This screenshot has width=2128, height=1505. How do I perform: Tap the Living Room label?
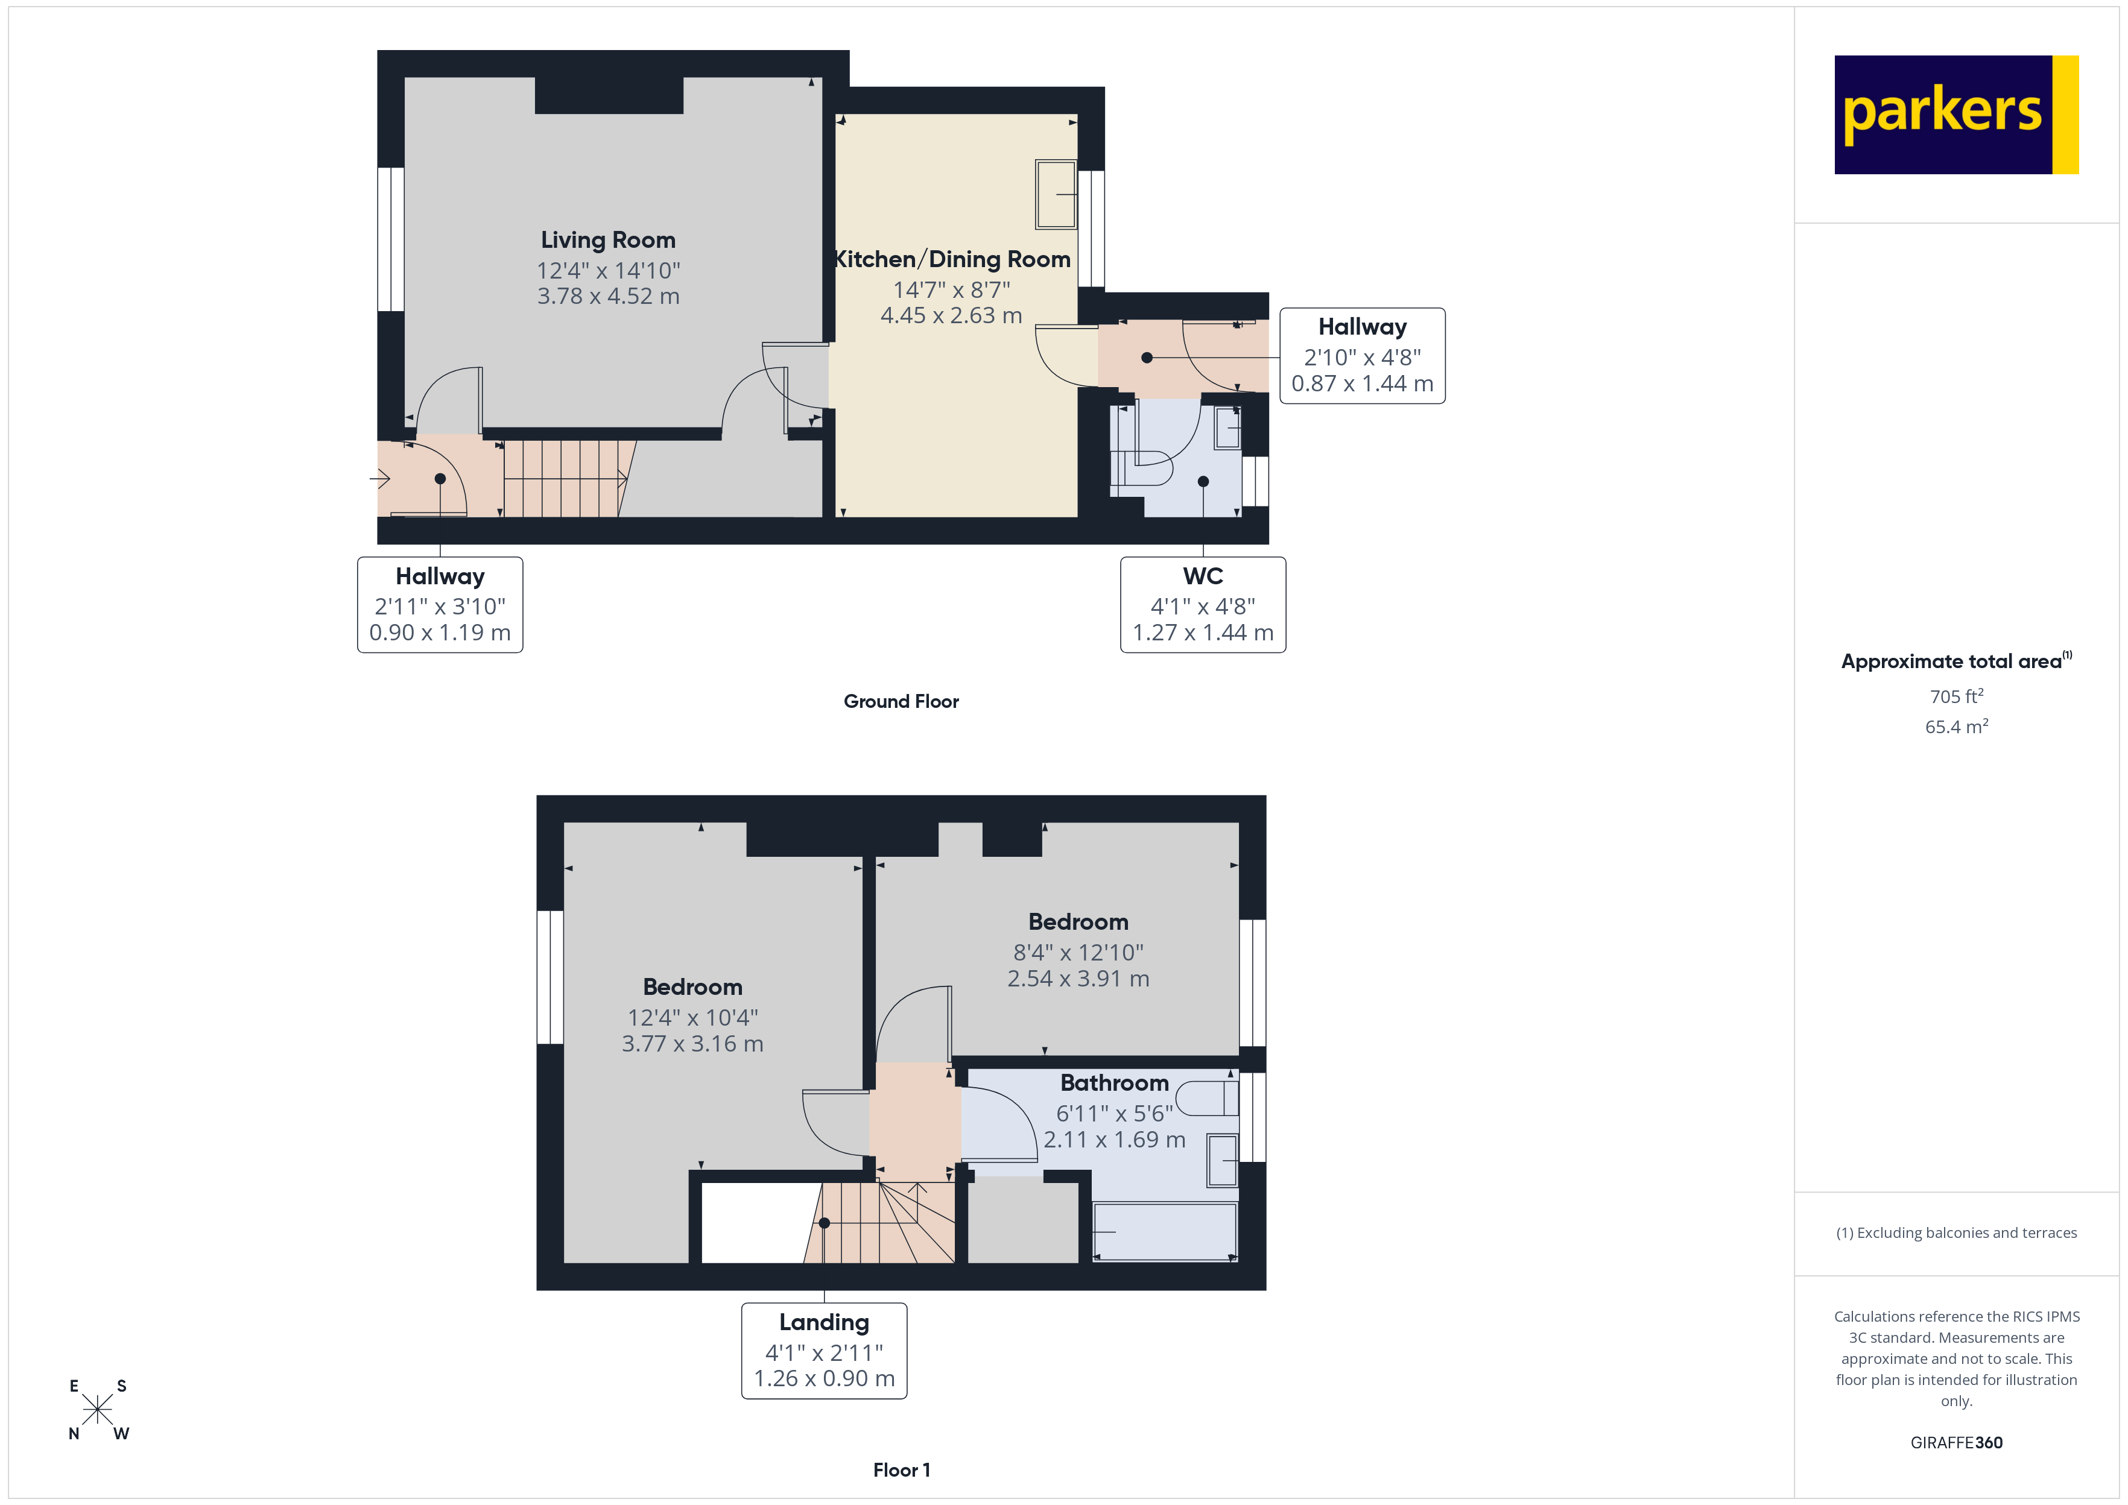pyautogui.click(x=608, y=240)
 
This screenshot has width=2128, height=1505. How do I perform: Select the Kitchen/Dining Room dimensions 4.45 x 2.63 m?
pyautogui.click(x=951, y=316)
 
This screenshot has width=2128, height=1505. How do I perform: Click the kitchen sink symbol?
pyautogui.click(x=1056, y=195)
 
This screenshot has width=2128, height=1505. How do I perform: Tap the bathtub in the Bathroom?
pyautogui.click(x=1164, y=1232)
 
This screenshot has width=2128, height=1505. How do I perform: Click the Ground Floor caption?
pyautogui.click(x=901, y=701)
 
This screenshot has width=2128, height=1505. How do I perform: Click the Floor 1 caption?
pyautogui.click(x=901, y=1470)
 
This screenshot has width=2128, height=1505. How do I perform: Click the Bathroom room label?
pyautogui.click(x=1114, y=1084)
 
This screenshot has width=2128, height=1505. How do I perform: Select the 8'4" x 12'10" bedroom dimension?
pyautogui.click(x=1078, y=953)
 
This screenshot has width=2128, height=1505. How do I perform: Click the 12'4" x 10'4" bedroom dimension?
pyautogui.click(x=692, y=1018)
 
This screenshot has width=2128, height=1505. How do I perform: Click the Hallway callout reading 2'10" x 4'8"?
pyautogui.click(x=1361, y=356)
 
